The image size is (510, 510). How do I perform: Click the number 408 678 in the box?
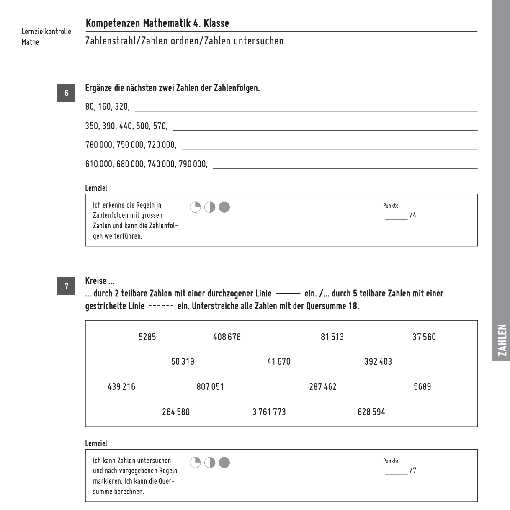click(227, 337)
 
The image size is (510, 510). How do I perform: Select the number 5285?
click(147, 337)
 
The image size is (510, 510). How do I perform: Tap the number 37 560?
click(424, 337)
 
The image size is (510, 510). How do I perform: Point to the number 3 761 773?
click(269, 412)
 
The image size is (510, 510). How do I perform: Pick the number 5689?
click(422, 387)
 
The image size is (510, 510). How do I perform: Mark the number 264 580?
click(176, 412)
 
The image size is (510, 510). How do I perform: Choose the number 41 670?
click(278, 362)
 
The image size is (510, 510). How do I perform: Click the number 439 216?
click(121, 387)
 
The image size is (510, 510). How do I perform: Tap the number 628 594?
click(371, 412)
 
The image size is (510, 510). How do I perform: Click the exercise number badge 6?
click(66, 93)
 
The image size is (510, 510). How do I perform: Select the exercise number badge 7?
click(66, 286)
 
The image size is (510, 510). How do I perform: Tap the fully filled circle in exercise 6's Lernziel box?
click(224, 207)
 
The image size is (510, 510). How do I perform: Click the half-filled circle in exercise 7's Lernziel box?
click(210, 463)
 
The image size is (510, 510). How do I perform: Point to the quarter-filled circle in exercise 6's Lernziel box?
click(195, 207)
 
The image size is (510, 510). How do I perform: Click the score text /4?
click(413, 216)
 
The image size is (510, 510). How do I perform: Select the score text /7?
click(413, 471)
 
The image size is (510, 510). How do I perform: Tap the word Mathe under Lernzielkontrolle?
click(30, 42)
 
